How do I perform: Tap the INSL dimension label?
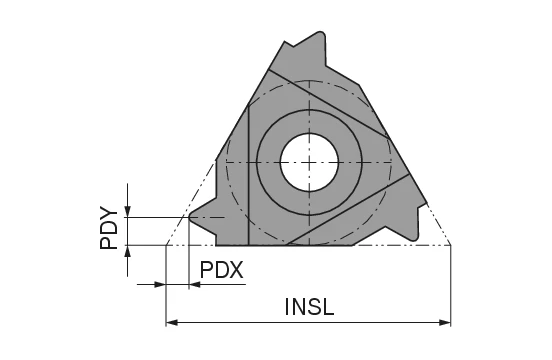coord(308,307)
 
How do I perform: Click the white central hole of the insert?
coord(309,161)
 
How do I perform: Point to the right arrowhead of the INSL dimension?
coord(445,322)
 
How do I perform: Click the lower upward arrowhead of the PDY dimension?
coord(127,250)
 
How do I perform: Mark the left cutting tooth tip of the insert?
coord(191,216)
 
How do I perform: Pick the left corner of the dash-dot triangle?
coord(166,244)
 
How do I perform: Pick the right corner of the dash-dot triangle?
coord(451,244)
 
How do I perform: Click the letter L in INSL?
coord(330,307)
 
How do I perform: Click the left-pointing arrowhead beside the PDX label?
coord(195,285)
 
